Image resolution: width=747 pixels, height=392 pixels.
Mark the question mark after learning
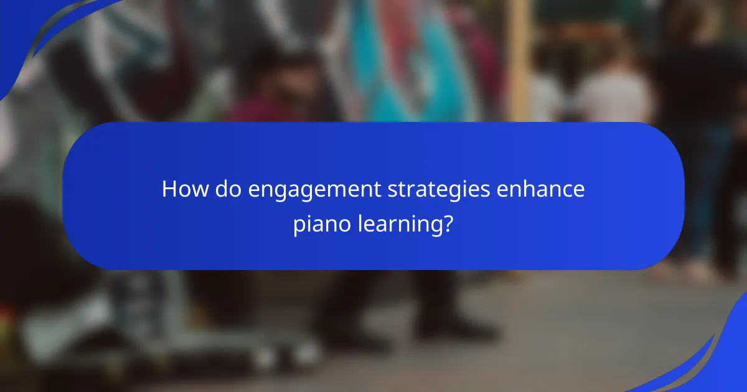[448, 224]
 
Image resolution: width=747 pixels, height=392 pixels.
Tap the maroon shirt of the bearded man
[255, 112]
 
